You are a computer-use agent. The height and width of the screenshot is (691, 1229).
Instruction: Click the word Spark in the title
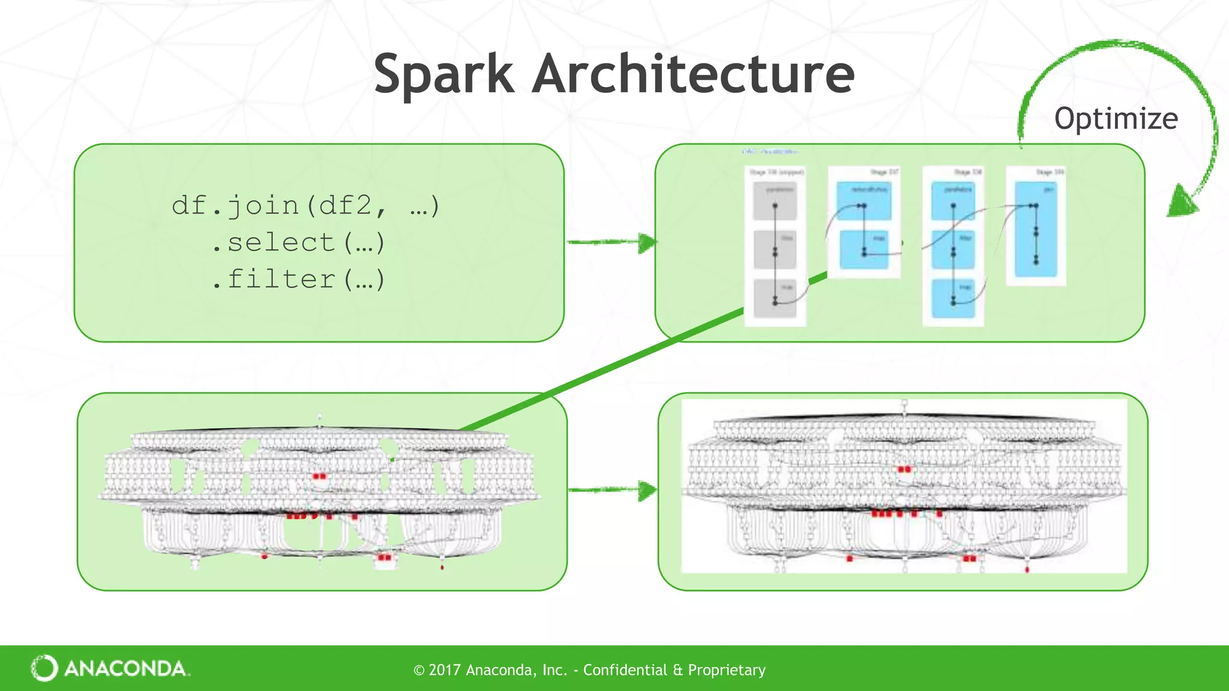click(x=444, y=74)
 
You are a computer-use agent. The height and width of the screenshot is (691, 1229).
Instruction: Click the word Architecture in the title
click(x=693, y=74)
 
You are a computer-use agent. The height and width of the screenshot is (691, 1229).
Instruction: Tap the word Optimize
click(x=1116, y=119)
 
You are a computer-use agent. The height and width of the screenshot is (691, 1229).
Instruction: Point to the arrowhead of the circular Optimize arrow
click(x=1181, y=202)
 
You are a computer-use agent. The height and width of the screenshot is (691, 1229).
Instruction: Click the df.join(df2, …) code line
click(x=306, y=206)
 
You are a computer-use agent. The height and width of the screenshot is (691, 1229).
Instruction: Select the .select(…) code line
click(x=298, y=243)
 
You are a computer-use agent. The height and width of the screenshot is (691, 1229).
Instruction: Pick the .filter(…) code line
click(x=298, y=280)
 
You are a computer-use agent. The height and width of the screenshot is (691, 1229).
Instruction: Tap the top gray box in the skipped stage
click(x=775, y=201)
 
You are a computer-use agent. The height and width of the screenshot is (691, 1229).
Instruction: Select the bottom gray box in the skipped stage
click(x=775, y=298)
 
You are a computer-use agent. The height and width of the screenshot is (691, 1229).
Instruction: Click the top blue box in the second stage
click(x=864, y=201)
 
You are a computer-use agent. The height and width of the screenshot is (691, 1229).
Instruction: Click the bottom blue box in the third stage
click(x=953, y=298)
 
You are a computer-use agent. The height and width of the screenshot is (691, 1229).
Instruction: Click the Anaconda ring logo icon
click(x=44, y=668)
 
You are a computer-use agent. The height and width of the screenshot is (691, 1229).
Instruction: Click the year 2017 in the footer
click(x=445, y=670)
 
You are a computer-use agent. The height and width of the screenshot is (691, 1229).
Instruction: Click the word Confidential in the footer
click(x=625, y=670)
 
